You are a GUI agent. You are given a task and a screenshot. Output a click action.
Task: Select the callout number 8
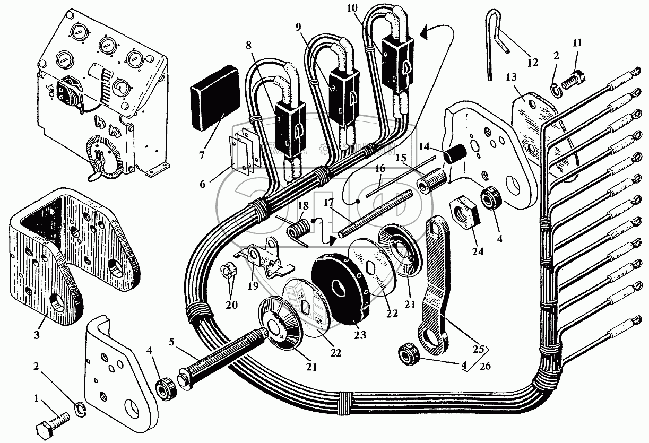[250, 46]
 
